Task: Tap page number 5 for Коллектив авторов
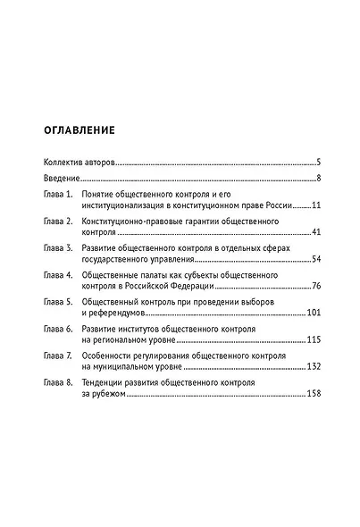click(x=319, y=163)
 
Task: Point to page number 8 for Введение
click(x=319, y=180)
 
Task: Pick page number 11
click(x=314, y=205)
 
